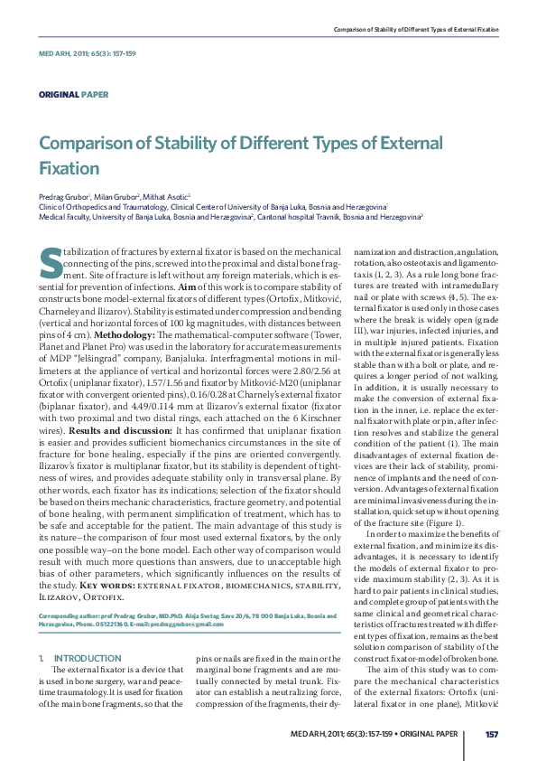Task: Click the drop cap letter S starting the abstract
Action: coord(51,262)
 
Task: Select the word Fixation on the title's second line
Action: coord(69,168)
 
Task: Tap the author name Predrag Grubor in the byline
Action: coord(70,196)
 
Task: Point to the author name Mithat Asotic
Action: coord(182,196)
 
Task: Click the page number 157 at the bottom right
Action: coord(492,733)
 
